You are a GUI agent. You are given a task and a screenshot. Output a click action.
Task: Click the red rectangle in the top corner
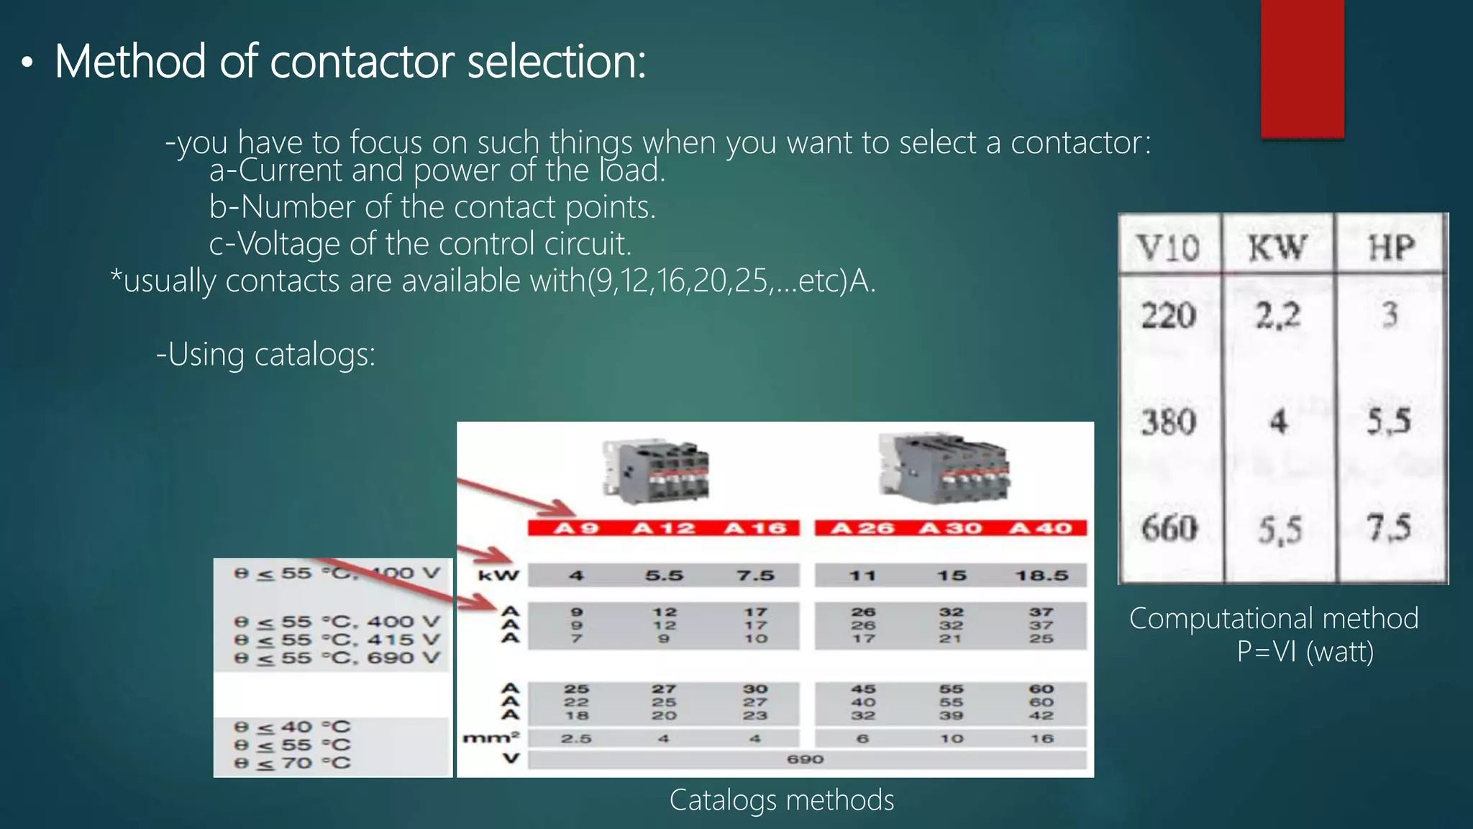[1302, 68]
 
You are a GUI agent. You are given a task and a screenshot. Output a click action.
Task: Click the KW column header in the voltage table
[1277, 248]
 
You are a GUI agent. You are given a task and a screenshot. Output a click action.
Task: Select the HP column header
[1391, 248]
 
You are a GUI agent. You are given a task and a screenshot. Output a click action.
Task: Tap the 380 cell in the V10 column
[1169, 422]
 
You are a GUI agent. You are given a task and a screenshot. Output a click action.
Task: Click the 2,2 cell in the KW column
[1278, 315]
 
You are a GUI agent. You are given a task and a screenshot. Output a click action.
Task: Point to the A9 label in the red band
[576, 528]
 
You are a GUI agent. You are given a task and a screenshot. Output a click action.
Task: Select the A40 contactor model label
[1040, 528]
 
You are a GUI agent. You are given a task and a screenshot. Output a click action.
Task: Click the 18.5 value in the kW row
[1041, 576]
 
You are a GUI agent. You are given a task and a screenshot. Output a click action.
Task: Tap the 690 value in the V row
[805, 759]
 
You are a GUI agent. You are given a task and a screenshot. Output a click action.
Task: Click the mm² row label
[491, 738]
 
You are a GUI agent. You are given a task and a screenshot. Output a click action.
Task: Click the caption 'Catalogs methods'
[781, 800]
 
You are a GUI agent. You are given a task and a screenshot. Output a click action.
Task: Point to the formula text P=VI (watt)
[1305, 652]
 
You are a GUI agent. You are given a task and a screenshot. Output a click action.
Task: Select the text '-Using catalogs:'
[265, 354]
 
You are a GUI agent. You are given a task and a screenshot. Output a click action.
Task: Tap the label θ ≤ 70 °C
[292, 764]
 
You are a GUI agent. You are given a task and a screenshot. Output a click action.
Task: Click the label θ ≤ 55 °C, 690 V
[337, 658]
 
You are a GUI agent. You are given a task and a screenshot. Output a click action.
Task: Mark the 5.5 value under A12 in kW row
[663, 576]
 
